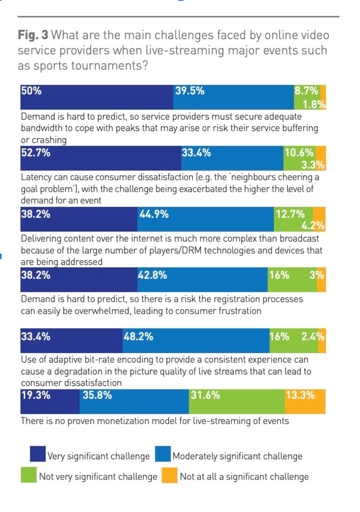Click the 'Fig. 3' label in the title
[x=33, y=35]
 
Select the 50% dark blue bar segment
[x=97, y=97]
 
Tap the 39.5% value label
[x=190, y=91]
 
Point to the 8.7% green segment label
[x=306, y=91]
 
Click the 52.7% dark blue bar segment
[x=101, y=158]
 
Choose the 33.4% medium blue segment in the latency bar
[x=232, y=158]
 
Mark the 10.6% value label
[x=299, y=153]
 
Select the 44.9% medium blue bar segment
[x=206, y=219]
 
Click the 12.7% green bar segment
[x=293, y=219]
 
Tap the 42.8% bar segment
[x=203, y=280]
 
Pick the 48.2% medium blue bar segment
[x=196, y=341]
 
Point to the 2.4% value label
[x=313, y=337]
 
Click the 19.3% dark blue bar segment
[x=50, y=402]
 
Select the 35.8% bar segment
[x=134, y=402]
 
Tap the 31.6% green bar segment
[x=237, y=402]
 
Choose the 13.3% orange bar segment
[x=305, y=402]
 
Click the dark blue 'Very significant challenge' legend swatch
[x=38, y=454]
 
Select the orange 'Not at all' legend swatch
[x=169, y=475]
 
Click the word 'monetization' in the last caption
[x=124, y=421]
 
